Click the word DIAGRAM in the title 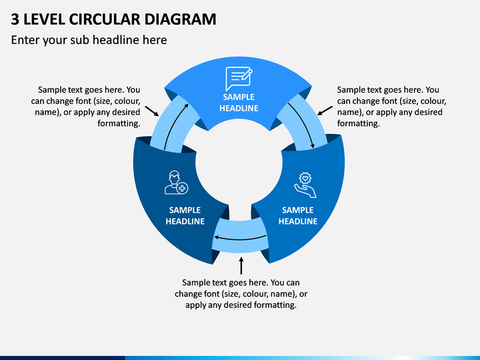(x=180, y=19)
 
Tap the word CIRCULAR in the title (x=105, y=19)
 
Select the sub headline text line (x=89, y=40)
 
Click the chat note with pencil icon (x=239, y=79)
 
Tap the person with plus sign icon (x=176, y=183)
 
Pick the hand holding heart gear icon (x=305, y=185)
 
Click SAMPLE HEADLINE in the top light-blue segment (x=239, y=103)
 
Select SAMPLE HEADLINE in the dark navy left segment (x=185, y=215)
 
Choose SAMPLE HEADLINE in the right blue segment (x=298, y=215)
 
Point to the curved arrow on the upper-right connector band (x=303, y=124)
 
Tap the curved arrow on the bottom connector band (x=240, y=238)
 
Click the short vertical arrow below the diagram (x=241, y=266)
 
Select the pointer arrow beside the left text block (x=152, y=111)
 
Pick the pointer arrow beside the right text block (x=325, y=111)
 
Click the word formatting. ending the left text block (x=119, y=123)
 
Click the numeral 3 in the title (x=15, y=19)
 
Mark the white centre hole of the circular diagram (x=239, y=165)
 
